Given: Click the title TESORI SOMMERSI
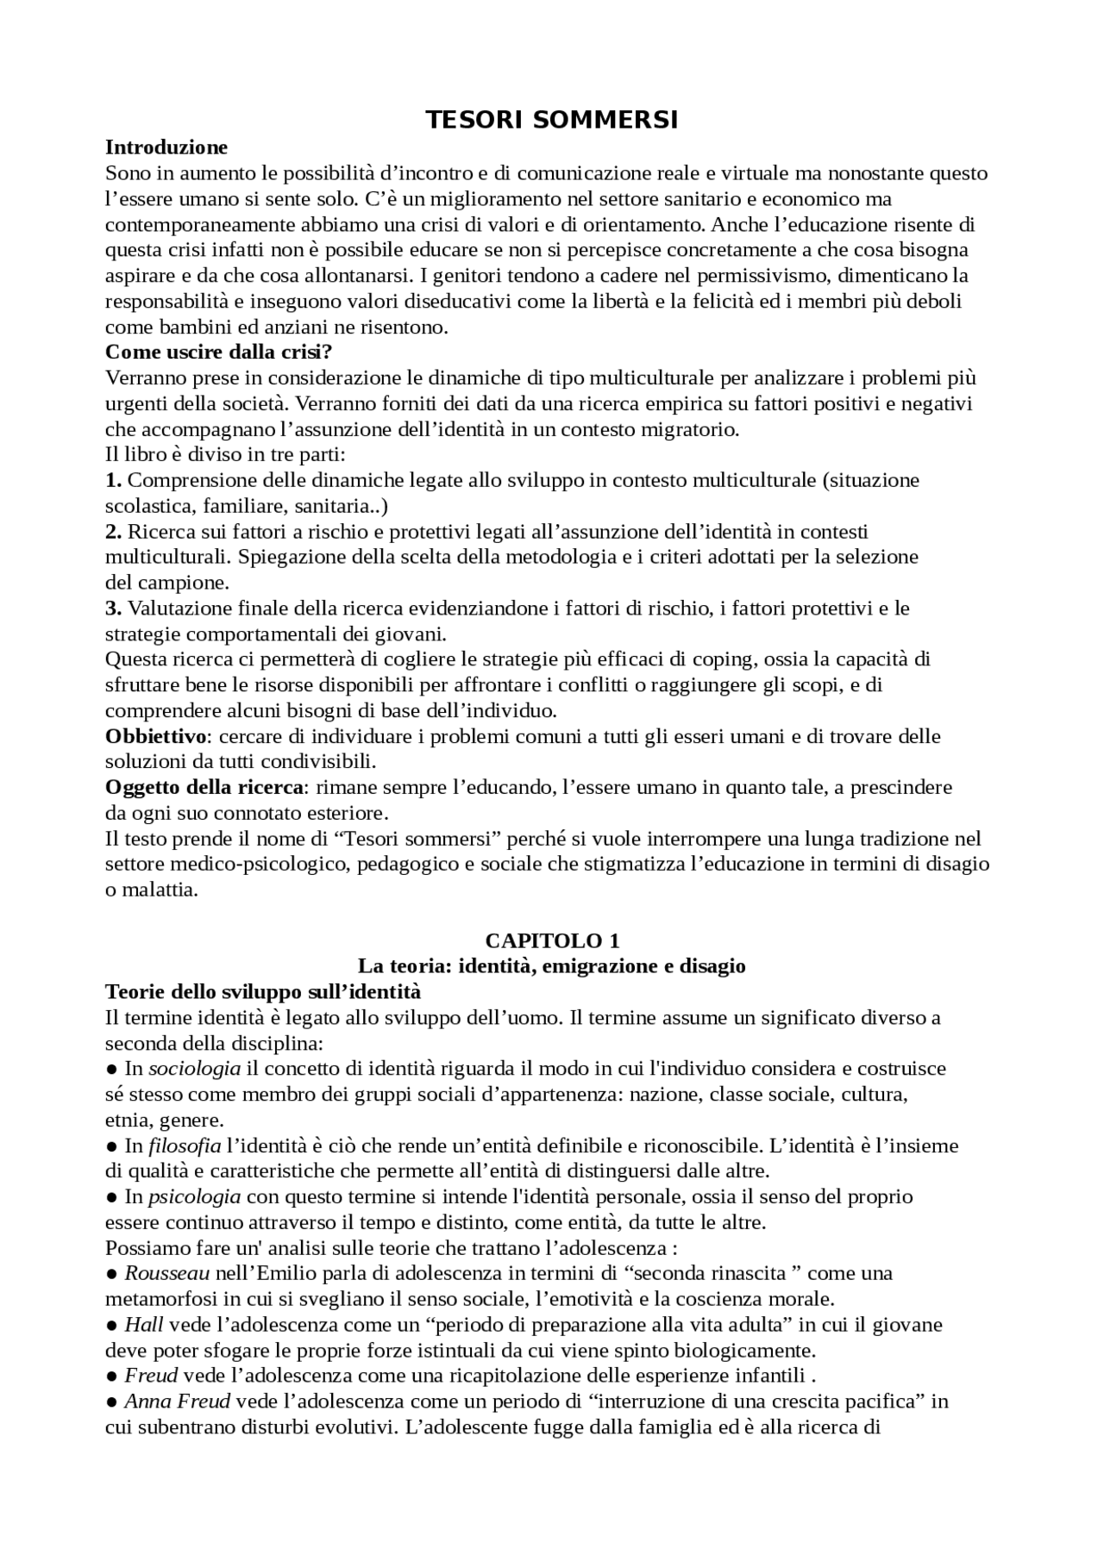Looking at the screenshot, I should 552,121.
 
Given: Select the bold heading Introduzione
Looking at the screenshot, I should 166,147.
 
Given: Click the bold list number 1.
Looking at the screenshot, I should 113,480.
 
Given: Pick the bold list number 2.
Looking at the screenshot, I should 113,532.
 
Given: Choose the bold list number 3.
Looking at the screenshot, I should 113,609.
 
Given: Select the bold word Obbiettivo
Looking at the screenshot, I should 156,737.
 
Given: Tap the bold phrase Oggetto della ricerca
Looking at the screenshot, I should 204,788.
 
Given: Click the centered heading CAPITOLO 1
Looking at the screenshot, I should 552,940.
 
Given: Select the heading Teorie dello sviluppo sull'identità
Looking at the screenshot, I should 263,992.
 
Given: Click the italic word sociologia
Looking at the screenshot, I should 195,1069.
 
